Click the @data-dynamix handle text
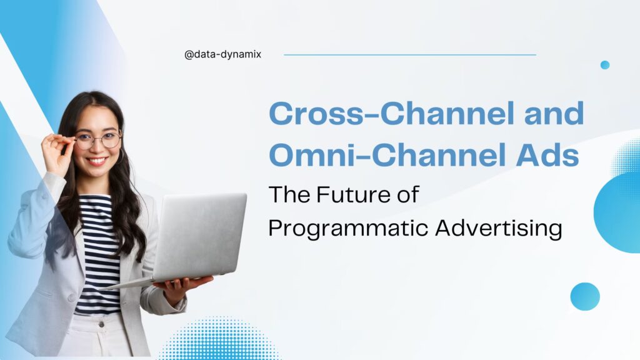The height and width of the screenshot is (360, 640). [222, 54]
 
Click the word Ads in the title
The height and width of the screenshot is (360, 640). [547, 155]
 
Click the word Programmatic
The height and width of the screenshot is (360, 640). [348, 228]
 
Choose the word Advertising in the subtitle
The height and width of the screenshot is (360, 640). [499, 228]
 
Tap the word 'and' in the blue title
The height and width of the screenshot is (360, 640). [554, 114]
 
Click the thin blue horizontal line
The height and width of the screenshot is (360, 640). [410, 55]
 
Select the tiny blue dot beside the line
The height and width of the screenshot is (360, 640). [605, 65]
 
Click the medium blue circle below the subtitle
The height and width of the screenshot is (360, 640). [585, 296]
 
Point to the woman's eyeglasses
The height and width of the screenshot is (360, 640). [98, 140]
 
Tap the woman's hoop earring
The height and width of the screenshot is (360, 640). [121, 156]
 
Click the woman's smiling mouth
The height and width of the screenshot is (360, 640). [97, 161]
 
